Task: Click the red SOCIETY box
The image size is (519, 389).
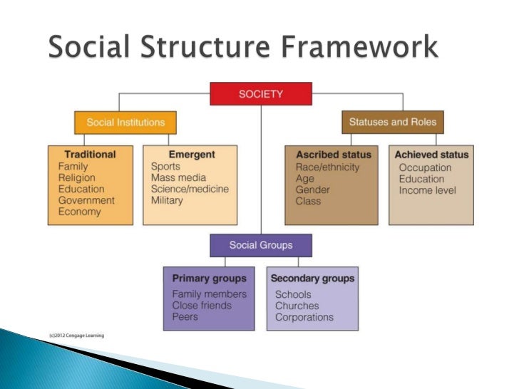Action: coord(260,94)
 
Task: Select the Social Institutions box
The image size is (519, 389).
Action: coord(125,122)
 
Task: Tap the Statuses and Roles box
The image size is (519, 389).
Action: coord(392,122)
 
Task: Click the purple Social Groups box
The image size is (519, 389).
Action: coord(260,245)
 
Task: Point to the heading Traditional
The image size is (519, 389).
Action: coord(90,155)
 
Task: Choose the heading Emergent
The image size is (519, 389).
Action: coord(191,155)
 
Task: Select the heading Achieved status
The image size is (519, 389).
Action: coord(431,155)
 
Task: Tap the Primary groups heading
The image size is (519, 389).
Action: coord(210,279)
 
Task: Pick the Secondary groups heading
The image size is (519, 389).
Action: coord(313,279)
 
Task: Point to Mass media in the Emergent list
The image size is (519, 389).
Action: coord(178,177)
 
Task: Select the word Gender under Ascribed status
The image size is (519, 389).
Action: coord(312,190)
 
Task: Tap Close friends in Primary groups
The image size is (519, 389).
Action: coord(202,306)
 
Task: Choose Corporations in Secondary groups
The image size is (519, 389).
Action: coord(304,317)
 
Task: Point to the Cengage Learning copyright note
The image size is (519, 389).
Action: coord(77,336)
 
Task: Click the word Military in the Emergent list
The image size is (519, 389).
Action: coord(167,200)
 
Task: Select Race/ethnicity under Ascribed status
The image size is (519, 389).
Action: coord(327,167)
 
